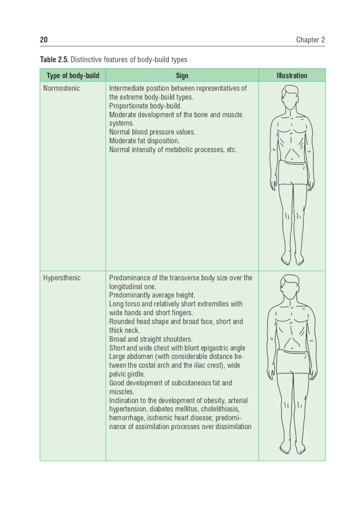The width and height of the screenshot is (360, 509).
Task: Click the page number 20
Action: [44, 40]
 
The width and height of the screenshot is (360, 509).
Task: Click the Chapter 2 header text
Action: [310, 40]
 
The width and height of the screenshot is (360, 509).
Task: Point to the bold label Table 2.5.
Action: [54, 59]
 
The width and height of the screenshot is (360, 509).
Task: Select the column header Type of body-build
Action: [73, 76]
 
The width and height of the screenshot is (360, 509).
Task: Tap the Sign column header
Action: [182, 76]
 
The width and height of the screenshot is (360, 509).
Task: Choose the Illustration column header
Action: [292, 76]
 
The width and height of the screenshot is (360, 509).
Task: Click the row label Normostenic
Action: [61, 88]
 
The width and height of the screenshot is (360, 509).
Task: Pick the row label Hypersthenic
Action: [62, 278]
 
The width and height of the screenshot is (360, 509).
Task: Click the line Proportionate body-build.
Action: [145, 106]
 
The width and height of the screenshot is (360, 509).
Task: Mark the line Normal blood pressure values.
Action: [152, 132]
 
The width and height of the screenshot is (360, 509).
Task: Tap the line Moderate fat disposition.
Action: [144, 141]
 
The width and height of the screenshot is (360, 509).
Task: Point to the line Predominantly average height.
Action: [152, 295]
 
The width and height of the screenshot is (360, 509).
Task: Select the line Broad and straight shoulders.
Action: [151, 339]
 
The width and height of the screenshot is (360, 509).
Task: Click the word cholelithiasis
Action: [220, 409]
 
